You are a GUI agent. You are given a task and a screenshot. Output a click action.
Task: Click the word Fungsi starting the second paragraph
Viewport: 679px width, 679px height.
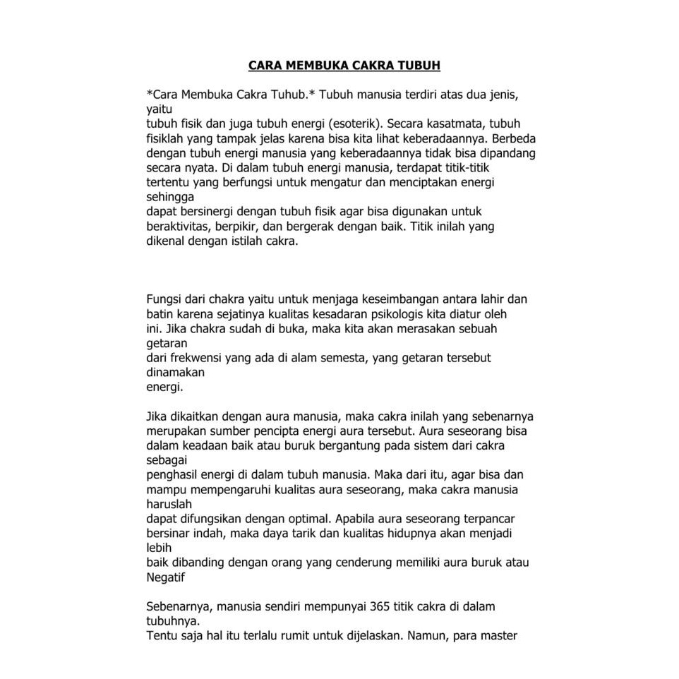[x=162, y=299]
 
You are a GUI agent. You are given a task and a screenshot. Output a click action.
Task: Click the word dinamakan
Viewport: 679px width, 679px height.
[x=175, y=372]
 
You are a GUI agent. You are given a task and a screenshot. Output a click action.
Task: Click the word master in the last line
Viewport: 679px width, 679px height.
[x=500, y=635]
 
